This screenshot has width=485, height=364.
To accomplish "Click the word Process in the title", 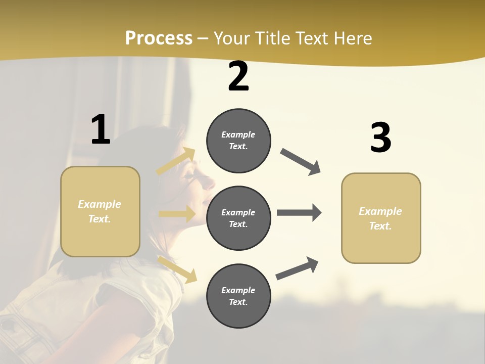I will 159,38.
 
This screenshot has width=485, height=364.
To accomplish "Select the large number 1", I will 101,129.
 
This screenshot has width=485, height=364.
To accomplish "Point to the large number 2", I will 238,77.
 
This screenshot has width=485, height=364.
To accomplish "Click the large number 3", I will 380,138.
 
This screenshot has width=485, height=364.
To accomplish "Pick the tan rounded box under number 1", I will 100,211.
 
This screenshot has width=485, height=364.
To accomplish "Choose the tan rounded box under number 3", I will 381,218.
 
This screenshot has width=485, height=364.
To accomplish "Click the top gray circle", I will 238,141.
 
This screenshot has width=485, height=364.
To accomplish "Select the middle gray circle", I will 238,218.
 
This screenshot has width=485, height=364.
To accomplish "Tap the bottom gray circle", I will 238,296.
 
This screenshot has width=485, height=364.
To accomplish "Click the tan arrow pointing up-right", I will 176,161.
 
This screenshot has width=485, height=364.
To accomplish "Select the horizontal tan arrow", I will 177,214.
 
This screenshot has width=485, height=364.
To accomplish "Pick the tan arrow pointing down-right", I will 177,269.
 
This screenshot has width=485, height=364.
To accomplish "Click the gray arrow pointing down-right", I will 301,162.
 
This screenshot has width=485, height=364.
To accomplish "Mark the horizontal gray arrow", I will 299,213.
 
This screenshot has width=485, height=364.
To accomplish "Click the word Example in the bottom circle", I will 238,290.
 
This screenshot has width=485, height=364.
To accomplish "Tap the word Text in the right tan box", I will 380,226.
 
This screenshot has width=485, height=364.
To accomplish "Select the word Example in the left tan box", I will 100,204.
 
